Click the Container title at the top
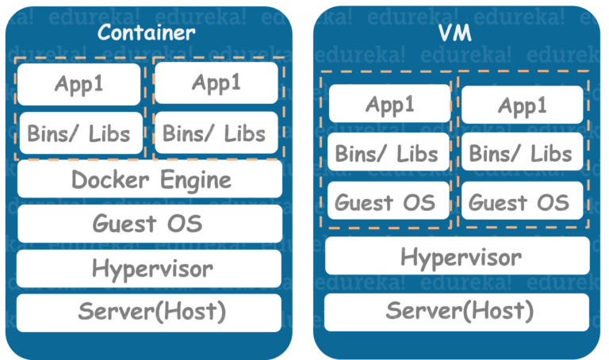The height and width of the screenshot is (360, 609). coord(146,33)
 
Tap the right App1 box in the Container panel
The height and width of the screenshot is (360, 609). coord(216,82)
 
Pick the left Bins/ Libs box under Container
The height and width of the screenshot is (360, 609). coord(79,132)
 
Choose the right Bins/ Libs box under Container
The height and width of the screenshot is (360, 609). coord(216,132)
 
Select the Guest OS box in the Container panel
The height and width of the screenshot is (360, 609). coord(148,224)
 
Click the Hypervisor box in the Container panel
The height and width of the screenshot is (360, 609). coord(148,268)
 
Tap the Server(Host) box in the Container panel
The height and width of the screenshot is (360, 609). coord(148,312)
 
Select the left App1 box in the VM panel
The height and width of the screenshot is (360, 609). coord(389,105)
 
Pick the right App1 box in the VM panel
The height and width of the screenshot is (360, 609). coord(522,105)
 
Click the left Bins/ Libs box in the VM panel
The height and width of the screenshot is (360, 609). coord(389,153)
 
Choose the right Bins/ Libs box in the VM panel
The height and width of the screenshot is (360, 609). coord(522,153)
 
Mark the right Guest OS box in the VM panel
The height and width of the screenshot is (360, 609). coord(522,201)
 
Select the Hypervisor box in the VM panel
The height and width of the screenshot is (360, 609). coord(458,256)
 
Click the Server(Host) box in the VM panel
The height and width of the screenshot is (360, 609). coord(458,311)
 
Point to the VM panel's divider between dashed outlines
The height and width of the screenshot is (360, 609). coord(455,151)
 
